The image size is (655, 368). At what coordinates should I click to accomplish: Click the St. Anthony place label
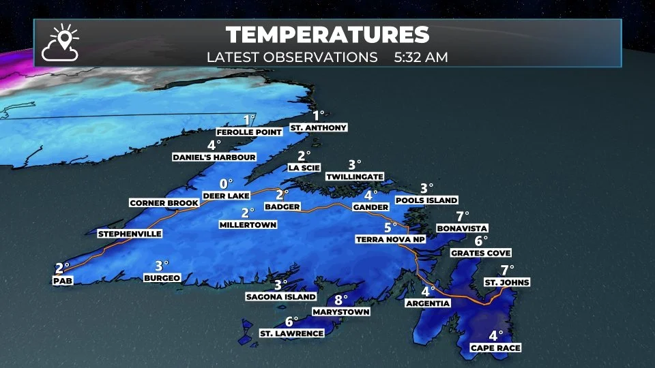tap(318, 127)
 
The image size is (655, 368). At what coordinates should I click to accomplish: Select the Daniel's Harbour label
tap(214, 157)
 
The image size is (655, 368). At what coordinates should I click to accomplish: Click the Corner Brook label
tap(164, 203)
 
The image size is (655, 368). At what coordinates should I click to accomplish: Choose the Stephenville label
tap(130, 234)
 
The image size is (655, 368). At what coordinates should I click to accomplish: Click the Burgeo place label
tap(162, 277)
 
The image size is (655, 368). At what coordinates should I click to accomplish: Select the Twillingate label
tap(354, 177)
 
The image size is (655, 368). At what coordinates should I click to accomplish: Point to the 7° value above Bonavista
tap(464, 216)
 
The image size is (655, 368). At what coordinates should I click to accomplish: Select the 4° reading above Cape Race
tap(495, 336)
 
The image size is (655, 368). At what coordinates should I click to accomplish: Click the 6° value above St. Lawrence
tap(291, 322)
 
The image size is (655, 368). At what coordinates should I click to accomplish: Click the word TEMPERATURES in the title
tap(327, 35)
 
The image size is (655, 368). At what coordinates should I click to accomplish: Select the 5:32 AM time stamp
tap(421, 57)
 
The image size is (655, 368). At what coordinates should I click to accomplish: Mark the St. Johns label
tap(506, 282)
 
